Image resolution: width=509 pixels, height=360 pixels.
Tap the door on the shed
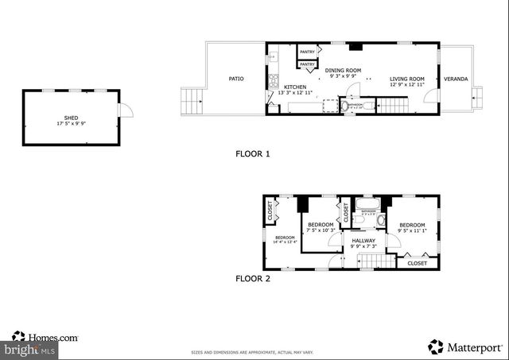pyautogui.click(x=125, y=110)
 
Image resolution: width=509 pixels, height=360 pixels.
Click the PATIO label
pyautogui.click(x=236, y=79)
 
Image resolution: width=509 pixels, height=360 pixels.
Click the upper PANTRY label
pyautogui.click(x=307, y=52)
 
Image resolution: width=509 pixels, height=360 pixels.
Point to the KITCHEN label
pyautogui.click(x=295, y=87)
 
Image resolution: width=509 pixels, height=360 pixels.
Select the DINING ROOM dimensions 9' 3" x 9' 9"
pyautogui.click(x=343, y=78)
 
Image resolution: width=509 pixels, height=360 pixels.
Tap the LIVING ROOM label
pyautogui.click(x=406, y=79)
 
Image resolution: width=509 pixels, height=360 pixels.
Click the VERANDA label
pyautogui.click(x=456, y=79)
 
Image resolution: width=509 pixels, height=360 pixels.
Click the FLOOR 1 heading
pyautogui.click(x=253, y=153)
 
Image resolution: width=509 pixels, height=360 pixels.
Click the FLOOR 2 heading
pyautogui.click(x=253, y=279)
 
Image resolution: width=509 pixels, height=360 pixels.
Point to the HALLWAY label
pyautogui.click(x=363, y=240)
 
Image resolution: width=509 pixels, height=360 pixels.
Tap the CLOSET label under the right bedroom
pyautogui.click(x=417, y=263)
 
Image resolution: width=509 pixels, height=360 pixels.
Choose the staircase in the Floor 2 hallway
pyautogui.click(x=384, y=261)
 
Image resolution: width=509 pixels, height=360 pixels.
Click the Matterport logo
pyautogui.click(x=467, y=346)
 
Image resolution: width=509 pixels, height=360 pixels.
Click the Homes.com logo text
pyautogui.click(x=52, y=338)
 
